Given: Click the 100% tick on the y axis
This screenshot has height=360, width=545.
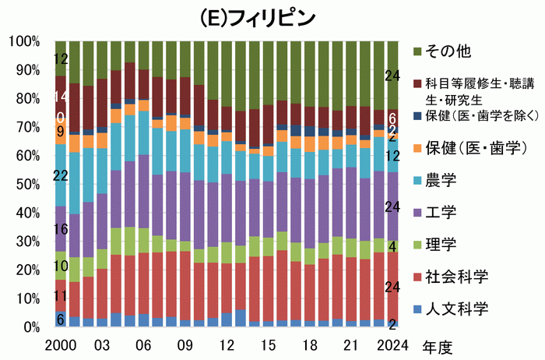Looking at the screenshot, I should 25,41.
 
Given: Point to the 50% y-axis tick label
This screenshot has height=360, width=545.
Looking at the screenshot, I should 28,184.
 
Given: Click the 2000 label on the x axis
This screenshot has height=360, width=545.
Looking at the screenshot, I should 60,344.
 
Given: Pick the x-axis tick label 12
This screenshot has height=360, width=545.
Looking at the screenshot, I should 227,344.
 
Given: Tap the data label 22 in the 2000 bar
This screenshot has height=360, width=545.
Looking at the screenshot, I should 61,177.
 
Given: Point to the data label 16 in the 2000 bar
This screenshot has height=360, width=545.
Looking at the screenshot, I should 61,230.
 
